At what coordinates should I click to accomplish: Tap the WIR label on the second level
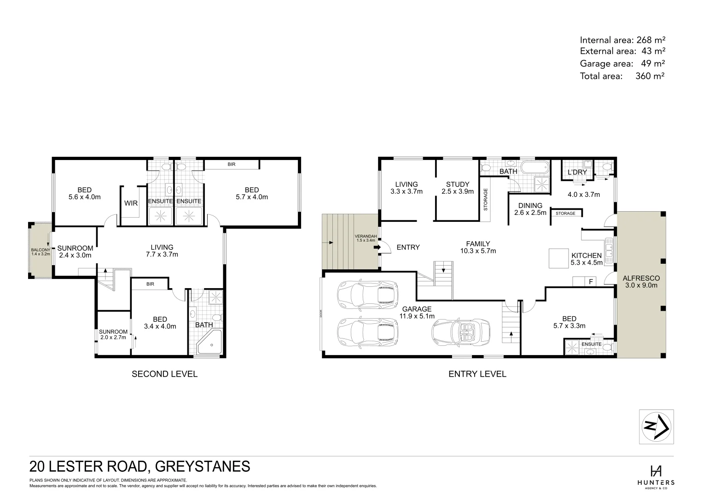[x=131, y=203]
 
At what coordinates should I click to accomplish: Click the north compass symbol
[x=656, y=427]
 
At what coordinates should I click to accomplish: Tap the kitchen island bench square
[x=558, y=258]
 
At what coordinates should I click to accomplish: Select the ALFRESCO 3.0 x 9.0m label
[x=641, y=282]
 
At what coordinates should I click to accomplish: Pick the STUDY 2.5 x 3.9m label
[x=457, y=188]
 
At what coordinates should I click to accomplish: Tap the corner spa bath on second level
[x=209, y=344]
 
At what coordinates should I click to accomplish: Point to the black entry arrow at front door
[x=377, y=248]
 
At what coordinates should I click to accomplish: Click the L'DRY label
[x=577, y=172]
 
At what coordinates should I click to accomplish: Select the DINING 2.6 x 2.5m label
[x=530, y=209]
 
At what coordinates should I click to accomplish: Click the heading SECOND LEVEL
[x=164, y=374]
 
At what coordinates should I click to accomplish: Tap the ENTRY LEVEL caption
[x=477, y=374]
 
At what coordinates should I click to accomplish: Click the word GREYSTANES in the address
[x=203, y=466]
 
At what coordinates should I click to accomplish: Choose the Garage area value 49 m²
[x=653, y=64]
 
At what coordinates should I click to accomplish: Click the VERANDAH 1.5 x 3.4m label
[x=366, y=238]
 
